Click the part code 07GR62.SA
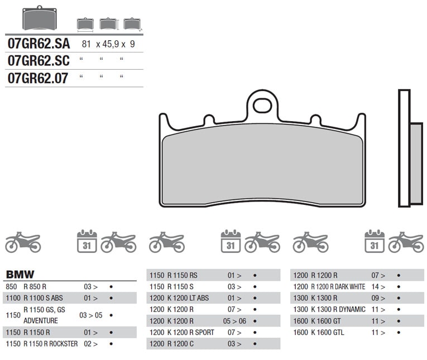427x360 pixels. pyautogui.click(x=37, y=44)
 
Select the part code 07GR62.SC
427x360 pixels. pyautogui.click(x=37, y=60)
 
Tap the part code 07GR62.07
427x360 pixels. pyautogui.click(x=37, y=78)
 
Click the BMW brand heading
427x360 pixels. pyautogui.click(x=20, y=275)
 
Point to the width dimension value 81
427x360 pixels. pyautogui.click(x=86, y=44)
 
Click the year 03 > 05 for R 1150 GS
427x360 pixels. pyautogui.click(x=90, y=315)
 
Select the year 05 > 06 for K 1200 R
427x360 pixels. pyautogui.click(x=234, y=321)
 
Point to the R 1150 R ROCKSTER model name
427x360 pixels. pyautogui.click(x=50, y=344)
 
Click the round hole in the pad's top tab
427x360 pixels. pyautogui.click(x=262, y=105)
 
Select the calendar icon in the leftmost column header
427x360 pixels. pyautogui.click(x=87, y=241)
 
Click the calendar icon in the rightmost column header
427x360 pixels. pyautogui.click(x=374, y=241)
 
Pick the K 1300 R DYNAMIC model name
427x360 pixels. pyautogui.click(x=337, y=309)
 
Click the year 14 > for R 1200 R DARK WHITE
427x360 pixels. pyautogui.click(x=378, y=287)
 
